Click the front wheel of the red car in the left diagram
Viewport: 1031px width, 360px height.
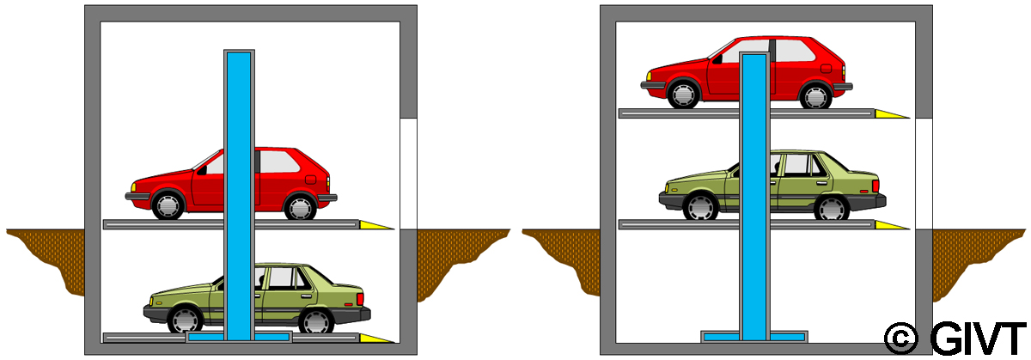pos(168,204)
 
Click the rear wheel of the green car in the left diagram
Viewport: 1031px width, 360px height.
pos(316,320)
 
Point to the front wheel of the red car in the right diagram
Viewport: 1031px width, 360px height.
pos(684,93)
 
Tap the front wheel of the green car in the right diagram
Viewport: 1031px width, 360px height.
pos(700,206)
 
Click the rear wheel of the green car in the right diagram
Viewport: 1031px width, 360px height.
pos(832,207)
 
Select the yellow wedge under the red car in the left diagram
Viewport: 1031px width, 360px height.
pos(375,225)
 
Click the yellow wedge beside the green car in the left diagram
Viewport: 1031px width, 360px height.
pos(375,338)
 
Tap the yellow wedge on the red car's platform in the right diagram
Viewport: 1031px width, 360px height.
pos(890,113)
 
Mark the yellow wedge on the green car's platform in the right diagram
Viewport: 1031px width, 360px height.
pos(890,225)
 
